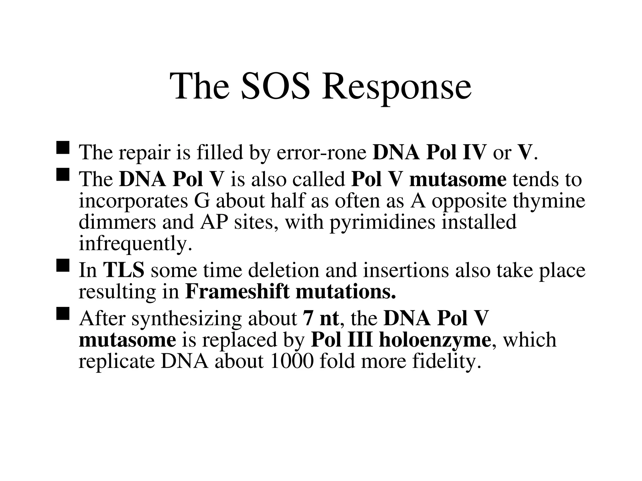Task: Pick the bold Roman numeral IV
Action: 472,152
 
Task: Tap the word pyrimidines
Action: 383,222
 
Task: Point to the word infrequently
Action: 135,243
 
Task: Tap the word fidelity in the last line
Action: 446,362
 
